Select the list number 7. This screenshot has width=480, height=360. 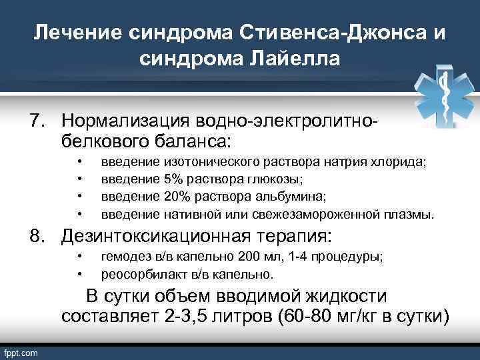[x=36, y=121]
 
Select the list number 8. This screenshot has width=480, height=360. [x=36, y=236]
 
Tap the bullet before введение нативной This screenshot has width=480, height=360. [x=79, y=215]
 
